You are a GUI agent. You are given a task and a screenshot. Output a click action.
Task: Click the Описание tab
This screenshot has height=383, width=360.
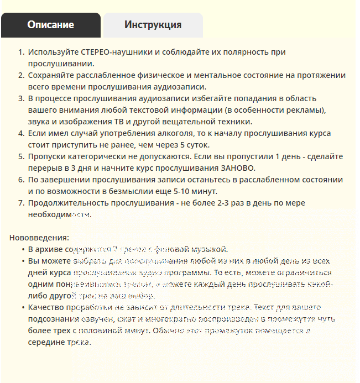click(50, 25)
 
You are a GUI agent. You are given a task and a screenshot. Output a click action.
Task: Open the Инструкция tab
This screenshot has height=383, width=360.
click(153, 25)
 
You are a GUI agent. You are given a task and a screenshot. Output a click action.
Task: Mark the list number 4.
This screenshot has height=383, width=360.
click(21, 133)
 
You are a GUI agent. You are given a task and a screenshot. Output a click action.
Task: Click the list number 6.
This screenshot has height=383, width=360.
click(21, 180)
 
